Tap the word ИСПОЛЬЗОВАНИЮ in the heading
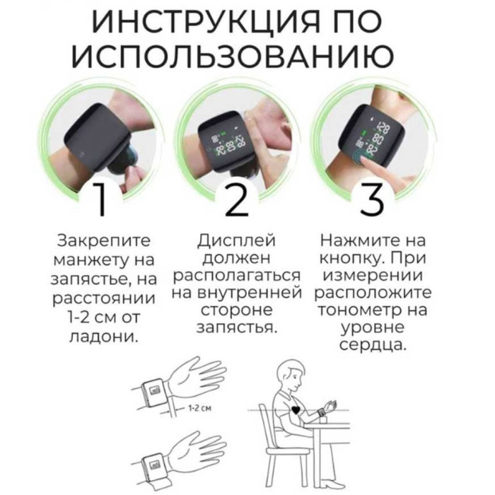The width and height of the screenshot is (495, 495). point(233,57)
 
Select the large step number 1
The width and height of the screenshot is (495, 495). point(100,199)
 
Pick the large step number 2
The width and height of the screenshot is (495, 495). point(238,199)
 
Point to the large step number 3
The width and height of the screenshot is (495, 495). point(373,199)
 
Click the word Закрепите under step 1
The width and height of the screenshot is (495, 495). point(104,241)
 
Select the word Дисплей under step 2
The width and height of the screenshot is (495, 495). point(237,240)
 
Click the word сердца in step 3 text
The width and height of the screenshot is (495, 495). point(372,345)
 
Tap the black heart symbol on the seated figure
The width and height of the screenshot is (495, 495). point(296,410)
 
